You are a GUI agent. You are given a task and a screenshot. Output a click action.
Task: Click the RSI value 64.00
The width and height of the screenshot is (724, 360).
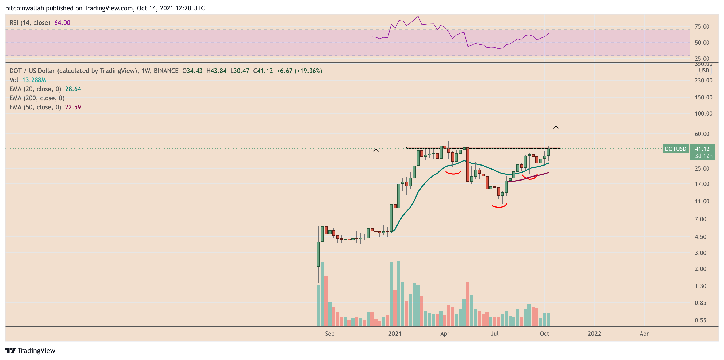(x=62, y=22)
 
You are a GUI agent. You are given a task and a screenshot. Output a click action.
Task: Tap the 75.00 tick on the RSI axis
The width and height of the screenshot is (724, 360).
(x=702, y=27)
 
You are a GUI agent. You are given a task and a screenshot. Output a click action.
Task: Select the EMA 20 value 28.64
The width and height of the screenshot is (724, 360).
(x=73, y=89)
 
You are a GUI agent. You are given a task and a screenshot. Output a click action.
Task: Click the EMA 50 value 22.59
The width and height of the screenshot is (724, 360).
(x=73, y=107)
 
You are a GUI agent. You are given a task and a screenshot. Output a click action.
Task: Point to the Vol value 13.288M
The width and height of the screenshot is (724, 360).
(x=34, y=80)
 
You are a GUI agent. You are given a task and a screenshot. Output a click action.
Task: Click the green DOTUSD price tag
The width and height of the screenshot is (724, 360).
(x=675, y=149)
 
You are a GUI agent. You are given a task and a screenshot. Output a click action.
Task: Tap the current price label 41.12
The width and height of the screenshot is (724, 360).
(x=702, y=149)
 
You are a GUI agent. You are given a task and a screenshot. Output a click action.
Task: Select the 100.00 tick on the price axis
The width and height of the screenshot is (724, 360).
(x=703, y=114)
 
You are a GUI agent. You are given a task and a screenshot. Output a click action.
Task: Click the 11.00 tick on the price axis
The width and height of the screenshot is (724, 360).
(x=702, y=201)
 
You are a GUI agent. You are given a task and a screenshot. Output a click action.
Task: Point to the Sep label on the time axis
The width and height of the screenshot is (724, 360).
(x=330, y=334)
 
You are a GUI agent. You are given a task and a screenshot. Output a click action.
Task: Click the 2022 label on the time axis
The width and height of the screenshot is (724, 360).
(x=594, y=334)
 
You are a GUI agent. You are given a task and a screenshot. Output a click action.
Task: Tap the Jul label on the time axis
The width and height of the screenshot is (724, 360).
(x=494, y=334)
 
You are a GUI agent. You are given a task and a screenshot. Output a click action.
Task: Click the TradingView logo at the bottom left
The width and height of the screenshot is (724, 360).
(x=30, y=350)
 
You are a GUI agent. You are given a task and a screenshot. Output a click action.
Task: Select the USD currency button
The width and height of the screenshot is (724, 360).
(x=704, y=71)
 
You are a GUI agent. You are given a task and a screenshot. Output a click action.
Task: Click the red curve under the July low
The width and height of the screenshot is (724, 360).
(x=499, y=206)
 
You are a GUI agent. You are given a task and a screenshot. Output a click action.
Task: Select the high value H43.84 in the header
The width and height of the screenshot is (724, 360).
(x=216, y=71)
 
